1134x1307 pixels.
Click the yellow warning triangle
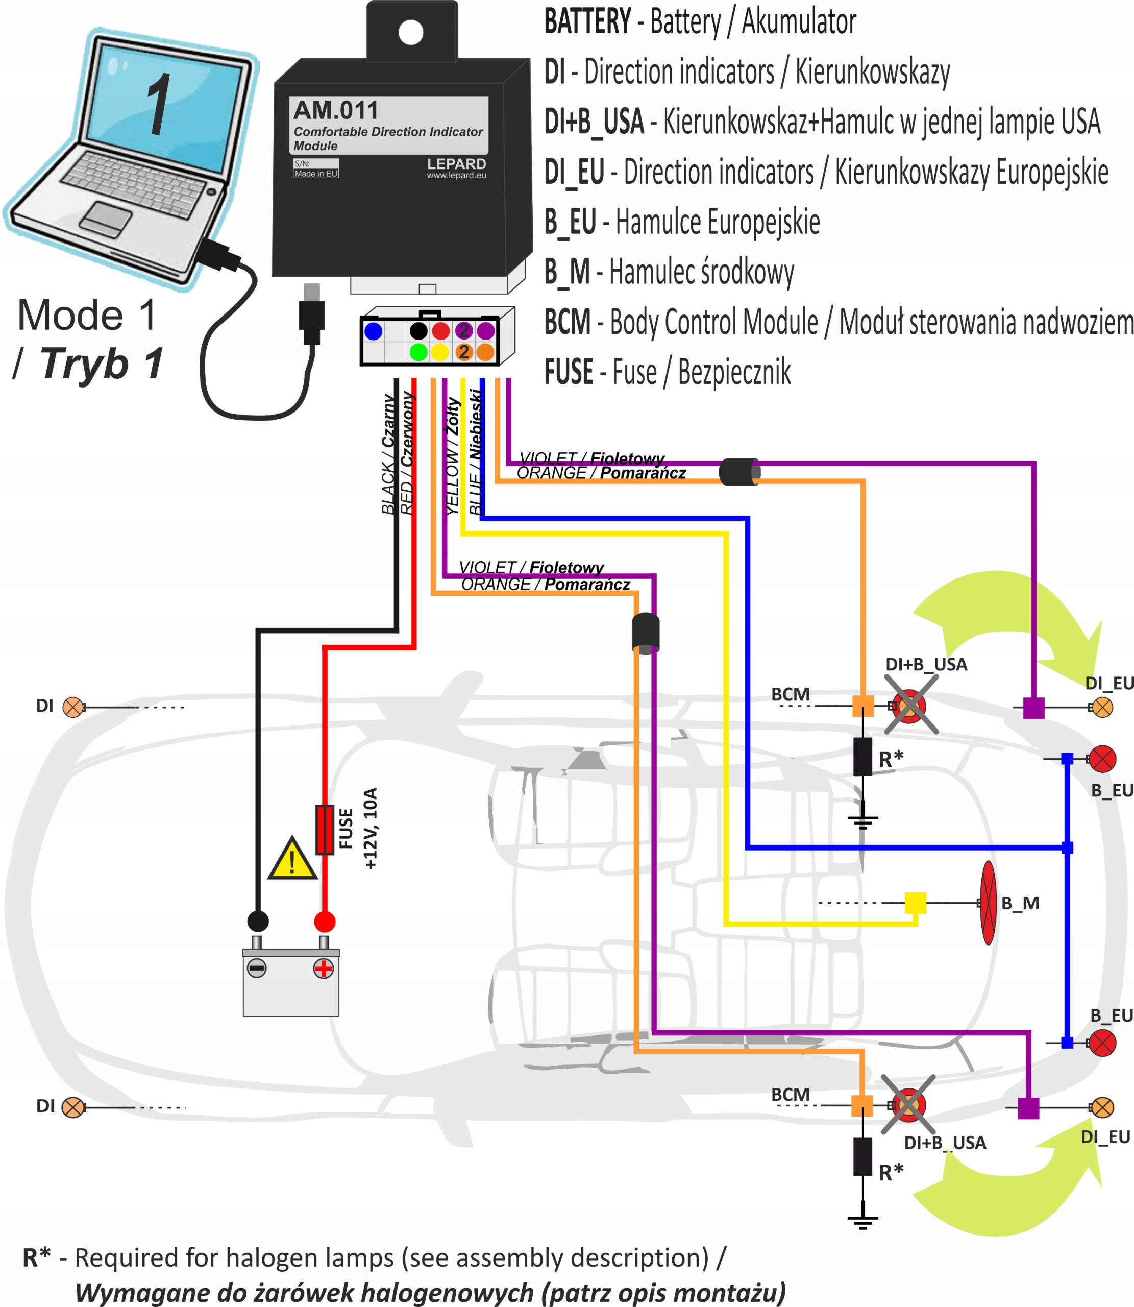pyautogui.click(x=292, y=861)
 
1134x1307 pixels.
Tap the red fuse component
pyautogui.click(x=325, y=829)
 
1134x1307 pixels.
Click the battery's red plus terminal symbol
pyautogui.click(x=324, y=969)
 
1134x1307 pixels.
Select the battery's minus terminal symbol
pyautogui.click(x=256, y=969)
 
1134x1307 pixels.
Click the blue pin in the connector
pyautogui.click(x=374, y=331)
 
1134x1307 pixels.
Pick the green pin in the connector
pyautogui.click(x=418, y=352)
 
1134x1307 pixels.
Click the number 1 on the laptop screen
pyautogui.click(x=158, y=105)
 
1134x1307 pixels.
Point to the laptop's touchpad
pyautogui.click(x=106, y=219)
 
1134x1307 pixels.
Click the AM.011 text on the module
pyautogui.click(x=336, y=111)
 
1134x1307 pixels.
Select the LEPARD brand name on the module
pyautogui.click(x=456, y=164)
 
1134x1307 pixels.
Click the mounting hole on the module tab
pyautogui.click(x=411, y=32)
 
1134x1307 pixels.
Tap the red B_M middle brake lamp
pyautogui.click(x=988, y=903)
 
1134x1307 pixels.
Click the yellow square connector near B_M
pyautogui.click(x=915, y=903)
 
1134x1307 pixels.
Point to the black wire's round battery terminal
pyautogui.click(x=258, y=922)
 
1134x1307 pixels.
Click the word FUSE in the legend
pyautogui.click(x=568, y=372)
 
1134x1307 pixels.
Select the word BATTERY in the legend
pyautogui.click(x=587, y=21)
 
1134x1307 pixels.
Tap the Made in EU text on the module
pyautogui.click(x=316, y=174)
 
